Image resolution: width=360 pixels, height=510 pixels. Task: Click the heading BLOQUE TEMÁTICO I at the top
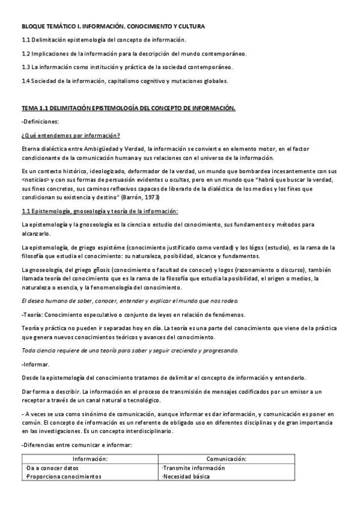(113, 27)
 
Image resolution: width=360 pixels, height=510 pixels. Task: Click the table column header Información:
(90, 458)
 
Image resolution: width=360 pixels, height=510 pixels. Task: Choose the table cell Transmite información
(192, 467)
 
